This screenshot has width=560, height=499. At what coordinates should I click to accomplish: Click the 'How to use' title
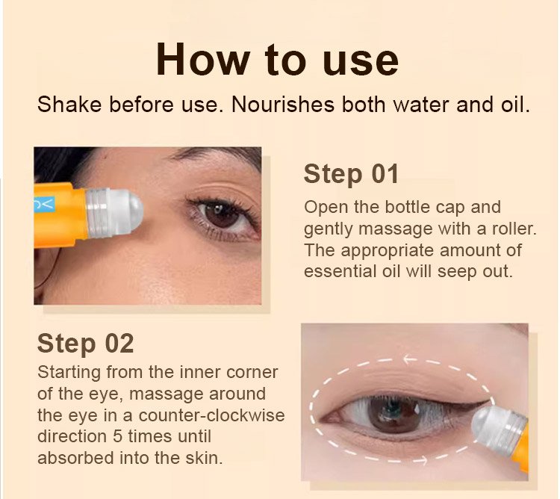[277, 61]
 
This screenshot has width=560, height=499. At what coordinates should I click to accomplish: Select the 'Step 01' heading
[351, 174]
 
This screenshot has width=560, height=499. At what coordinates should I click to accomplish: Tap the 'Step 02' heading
[85, 344]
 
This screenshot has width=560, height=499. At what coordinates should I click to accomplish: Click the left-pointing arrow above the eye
[409, 359]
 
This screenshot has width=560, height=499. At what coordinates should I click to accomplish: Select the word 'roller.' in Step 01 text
[485, 228]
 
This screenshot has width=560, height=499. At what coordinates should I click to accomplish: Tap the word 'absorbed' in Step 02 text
[72, 457]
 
